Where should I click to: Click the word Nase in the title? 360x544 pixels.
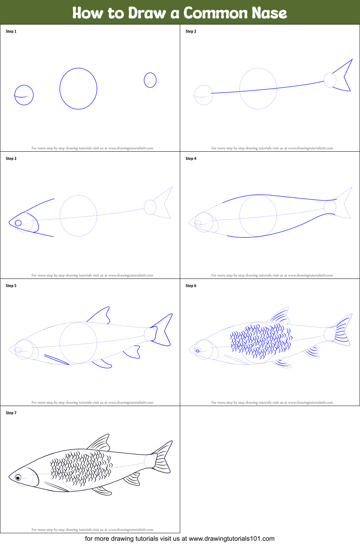coord(269,13)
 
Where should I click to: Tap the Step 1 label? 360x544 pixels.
coord(11,31)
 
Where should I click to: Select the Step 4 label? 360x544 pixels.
coord(191,159)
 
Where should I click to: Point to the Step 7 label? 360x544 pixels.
coord(11,413)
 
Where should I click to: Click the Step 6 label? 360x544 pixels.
coord(191,286)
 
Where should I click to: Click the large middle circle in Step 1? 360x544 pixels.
coord(78,89)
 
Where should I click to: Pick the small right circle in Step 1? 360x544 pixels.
coord(150,80)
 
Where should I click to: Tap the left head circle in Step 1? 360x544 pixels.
coord(24,95)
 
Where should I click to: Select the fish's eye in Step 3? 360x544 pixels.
coord(18,223)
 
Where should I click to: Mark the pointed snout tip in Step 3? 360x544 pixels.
coord(9,222)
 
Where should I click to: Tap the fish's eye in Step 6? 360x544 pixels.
coord(197,351)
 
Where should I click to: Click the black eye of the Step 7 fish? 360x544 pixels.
coord(18,478)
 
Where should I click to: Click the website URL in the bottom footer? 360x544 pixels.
coord(231,539)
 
